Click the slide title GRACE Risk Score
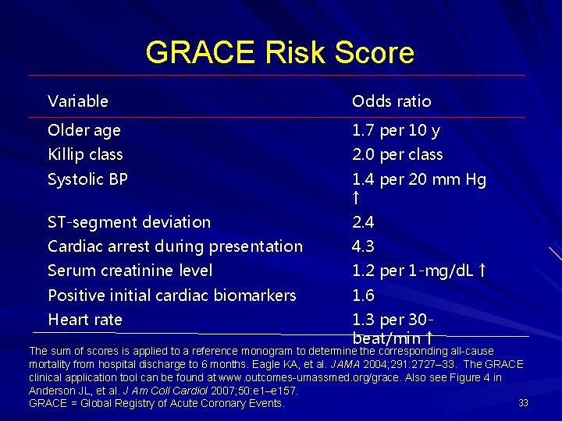click(x=279, y=52)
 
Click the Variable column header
click(x=78, y=101)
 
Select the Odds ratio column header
click(x=391, y=101)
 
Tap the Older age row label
click(x=84, y=130)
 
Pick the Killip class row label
click(x=85, y=154)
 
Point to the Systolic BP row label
click(x=87, y=179)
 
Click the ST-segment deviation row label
click(x=129, y=222)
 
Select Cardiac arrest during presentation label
click(x=175, y=246)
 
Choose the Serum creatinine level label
click(x=130, y=271)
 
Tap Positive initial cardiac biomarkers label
click(x=172, y=295)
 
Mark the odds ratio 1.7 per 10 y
click(x=396, y=130)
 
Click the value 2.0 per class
click(x=397, y=154)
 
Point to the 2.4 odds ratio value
click(x=363, y=222)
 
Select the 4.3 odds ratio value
click(x=363, y=246)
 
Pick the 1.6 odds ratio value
click(x=363, y=295)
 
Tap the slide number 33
click(x=524, y=402)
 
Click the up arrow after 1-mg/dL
click(x=482, y=271)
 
